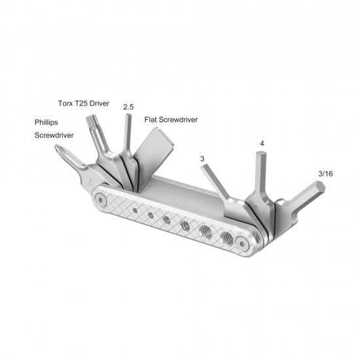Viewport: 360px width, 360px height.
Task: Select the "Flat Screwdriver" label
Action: tap(170, 120)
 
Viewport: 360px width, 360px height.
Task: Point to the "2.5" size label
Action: tap(129, 106)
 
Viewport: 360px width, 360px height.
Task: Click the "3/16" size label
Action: tap(325, 173)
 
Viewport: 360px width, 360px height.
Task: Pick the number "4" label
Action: tap(262, 143)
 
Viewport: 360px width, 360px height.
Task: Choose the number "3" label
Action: tap(203, 159)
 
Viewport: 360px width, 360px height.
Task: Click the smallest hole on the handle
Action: tap(134, 209)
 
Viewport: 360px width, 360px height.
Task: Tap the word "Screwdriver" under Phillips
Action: tap(54, 135)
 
